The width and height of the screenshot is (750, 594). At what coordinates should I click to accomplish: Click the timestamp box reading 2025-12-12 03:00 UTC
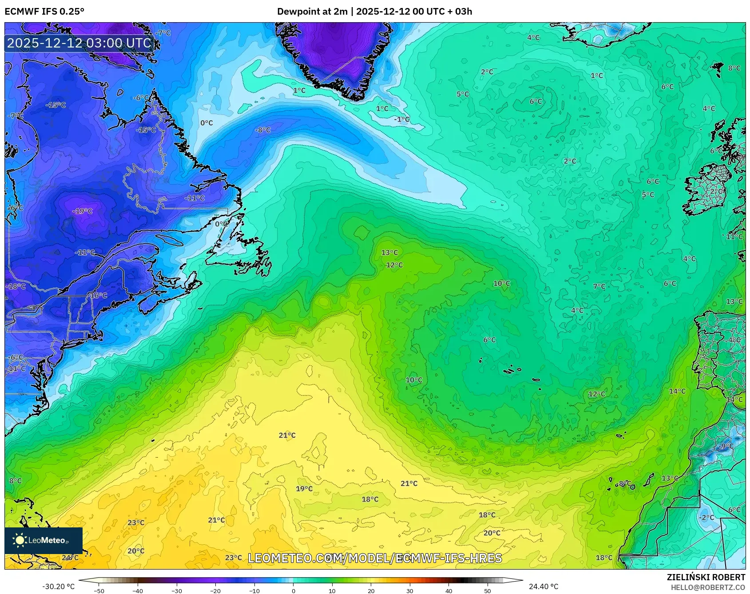[79, 43]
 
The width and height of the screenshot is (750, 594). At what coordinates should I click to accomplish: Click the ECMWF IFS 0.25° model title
[44, 12]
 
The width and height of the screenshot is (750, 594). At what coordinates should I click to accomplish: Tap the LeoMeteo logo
[43, 540]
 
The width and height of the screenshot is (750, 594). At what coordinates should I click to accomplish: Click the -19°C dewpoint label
[83, 211]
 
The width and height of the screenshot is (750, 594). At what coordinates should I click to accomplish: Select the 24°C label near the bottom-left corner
[70, 558]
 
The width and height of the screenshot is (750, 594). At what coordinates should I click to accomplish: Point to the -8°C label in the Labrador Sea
[262, 130]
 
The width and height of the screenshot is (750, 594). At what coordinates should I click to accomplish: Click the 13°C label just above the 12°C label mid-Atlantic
[389, 252]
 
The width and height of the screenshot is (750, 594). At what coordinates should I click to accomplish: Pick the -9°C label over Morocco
[726, 446]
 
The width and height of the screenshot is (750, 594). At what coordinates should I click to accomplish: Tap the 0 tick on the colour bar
[293, 590]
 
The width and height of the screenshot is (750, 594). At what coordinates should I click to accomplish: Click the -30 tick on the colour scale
[177, 590]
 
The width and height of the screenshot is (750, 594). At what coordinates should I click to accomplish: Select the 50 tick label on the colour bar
[488, 590]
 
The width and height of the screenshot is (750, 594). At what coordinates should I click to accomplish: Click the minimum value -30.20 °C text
[59, 586]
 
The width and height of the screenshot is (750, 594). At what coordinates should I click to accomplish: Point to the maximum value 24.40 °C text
[543, 586]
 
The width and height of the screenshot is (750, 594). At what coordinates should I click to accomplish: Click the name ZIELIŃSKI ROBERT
[706, 577]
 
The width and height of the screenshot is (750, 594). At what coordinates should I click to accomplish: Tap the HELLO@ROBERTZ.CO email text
[708, 587]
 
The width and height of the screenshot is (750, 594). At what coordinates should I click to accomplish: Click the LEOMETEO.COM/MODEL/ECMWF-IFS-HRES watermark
[375, 558]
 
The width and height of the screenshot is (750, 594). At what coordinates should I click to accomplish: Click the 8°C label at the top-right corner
[734, 68]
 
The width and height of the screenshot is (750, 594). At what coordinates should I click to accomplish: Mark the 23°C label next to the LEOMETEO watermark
[234, 558]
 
